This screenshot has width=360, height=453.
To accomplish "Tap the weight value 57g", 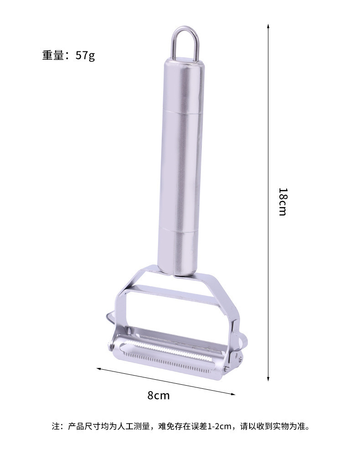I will click(x=85, y=56).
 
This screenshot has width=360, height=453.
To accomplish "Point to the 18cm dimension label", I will click(x=282, y=202).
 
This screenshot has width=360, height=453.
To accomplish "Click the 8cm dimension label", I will click(x=158, y=395).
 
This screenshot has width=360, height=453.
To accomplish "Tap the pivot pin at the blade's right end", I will click(x=226, y=367).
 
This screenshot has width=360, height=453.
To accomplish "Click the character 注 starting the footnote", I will click(x=55, y=427).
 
